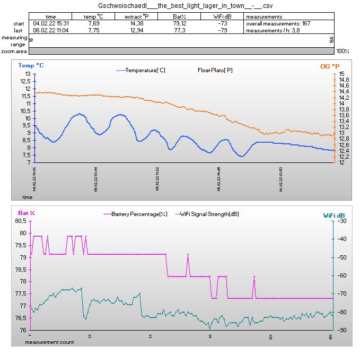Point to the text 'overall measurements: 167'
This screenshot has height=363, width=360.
271,24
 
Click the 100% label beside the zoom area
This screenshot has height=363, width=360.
343,51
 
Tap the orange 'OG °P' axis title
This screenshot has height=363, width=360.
329,66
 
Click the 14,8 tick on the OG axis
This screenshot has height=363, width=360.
343,80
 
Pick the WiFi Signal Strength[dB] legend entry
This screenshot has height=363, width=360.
209,214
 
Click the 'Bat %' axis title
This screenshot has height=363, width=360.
26,213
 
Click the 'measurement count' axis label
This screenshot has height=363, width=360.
49,342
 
